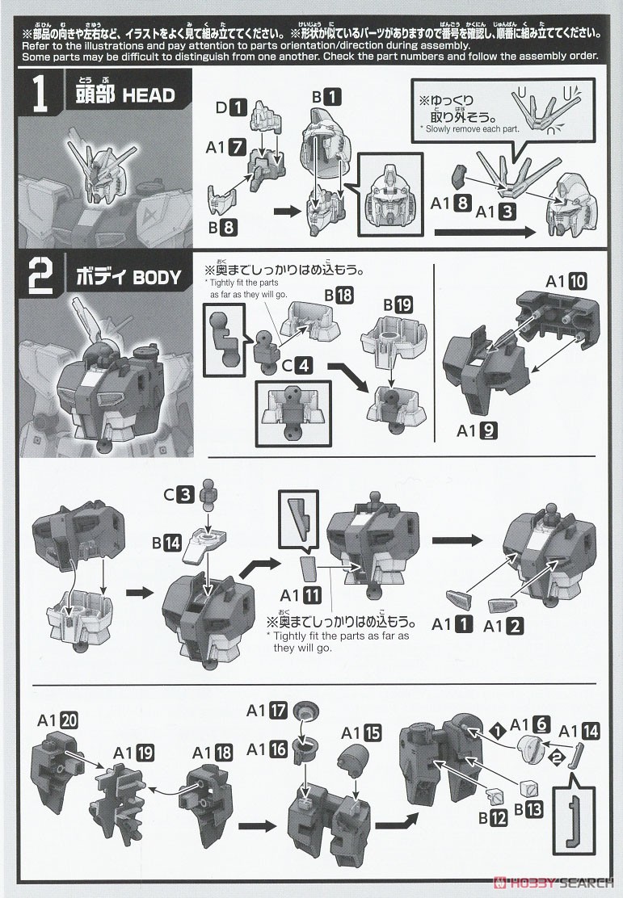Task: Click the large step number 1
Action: (x=38, y=94)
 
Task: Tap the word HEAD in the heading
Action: (x=148, y=95)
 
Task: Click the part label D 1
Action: (x=229, y=105)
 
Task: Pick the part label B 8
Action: (x=221, y=228)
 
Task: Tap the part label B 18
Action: (x=339, y=296)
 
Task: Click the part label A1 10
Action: (x=566, y=282)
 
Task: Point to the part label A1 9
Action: (x=476, y=430)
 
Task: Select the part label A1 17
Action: (x=267, y=711)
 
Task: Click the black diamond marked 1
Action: (x=499, y=729)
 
